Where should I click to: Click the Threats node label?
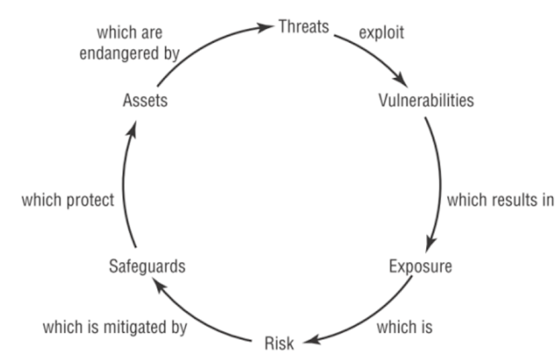[303, 26]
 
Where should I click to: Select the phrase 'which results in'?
[500, 198]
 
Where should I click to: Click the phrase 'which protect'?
[69, 198]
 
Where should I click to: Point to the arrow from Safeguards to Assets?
[123, 183]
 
